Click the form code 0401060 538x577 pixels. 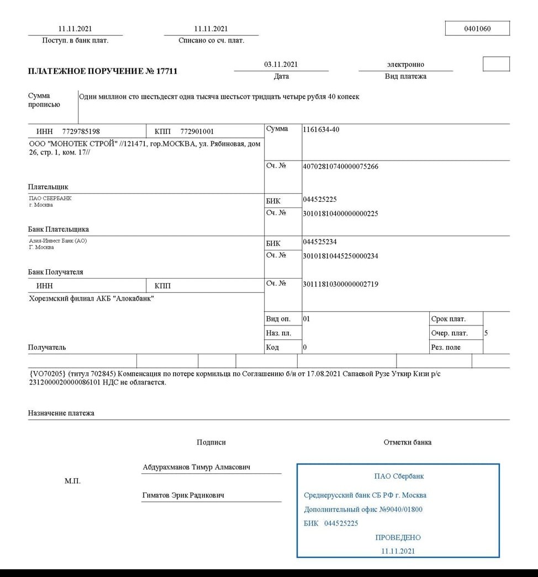click(x=477, y=29)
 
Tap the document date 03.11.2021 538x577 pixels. click(x=281, y=65)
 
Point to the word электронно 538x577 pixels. click(x=405, y=65)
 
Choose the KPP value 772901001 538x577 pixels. click(x=197, y=132)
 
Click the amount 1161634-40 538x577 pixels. click(x=321, y=130)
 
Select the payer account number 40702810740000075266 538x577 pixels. click(x=340, y=167)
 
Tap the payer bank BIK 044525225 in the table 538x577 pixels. click(x=320, y=199)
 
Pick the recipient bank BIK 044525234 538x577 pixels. click(x=320, y=242)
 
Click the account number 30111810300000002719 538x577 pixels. click(x=340, y=284)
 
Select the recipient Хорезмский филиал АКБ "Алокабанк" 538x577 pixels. click(x=91, y=300)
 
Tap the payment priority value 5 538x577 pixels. click(x=486, y=333)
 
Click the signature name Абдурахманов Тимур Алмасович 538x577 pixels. click(x=196, y=467)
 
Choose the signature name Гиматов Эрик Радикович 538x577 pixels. click(x=183, y=495)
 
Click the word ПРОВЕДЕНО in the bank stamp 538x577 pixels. click(x=398, y=537)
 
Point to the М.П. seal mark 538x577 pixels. click(x=72, y=481)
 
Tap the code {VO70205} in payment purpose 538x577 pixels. click(x=47, y=373)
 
